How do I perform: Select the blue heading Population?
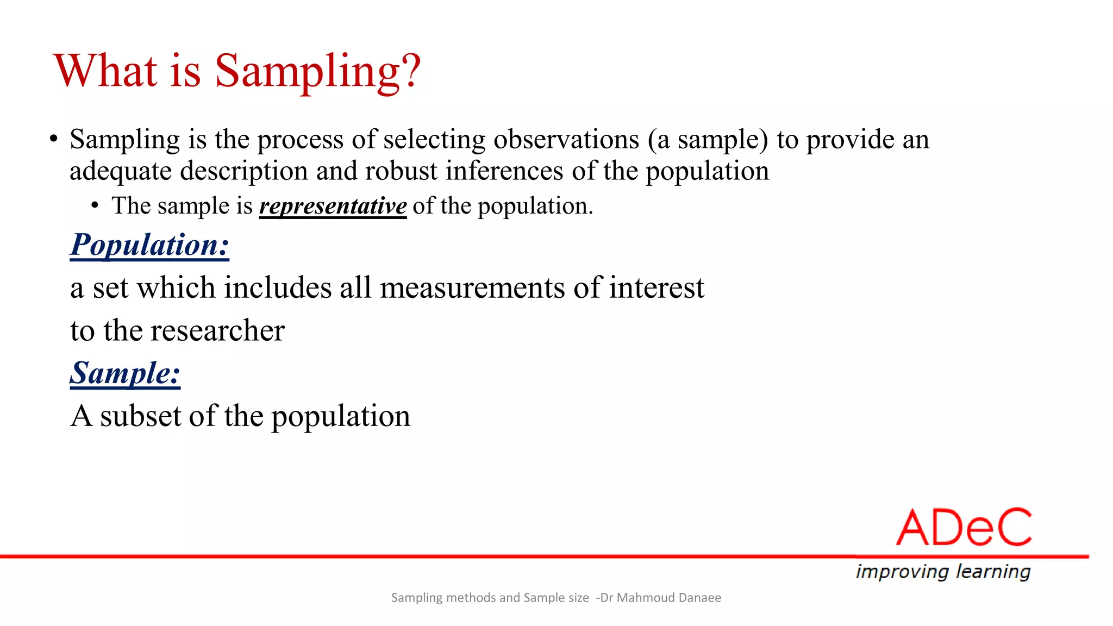tap(149, 245)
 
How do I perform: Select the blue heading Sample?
tap(125, 373)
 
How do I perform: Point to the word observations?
tap(566, 140)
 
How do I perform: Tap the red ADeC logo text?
tap(964, 528)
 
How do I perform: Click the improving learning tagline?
tap(943, 572)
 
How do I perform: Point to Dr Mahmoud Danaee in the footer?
tap(660, 598)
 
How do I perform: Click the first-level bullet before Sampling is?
tap(53, 140)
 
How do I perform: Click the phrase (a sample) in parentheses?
tap(707, 140)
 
